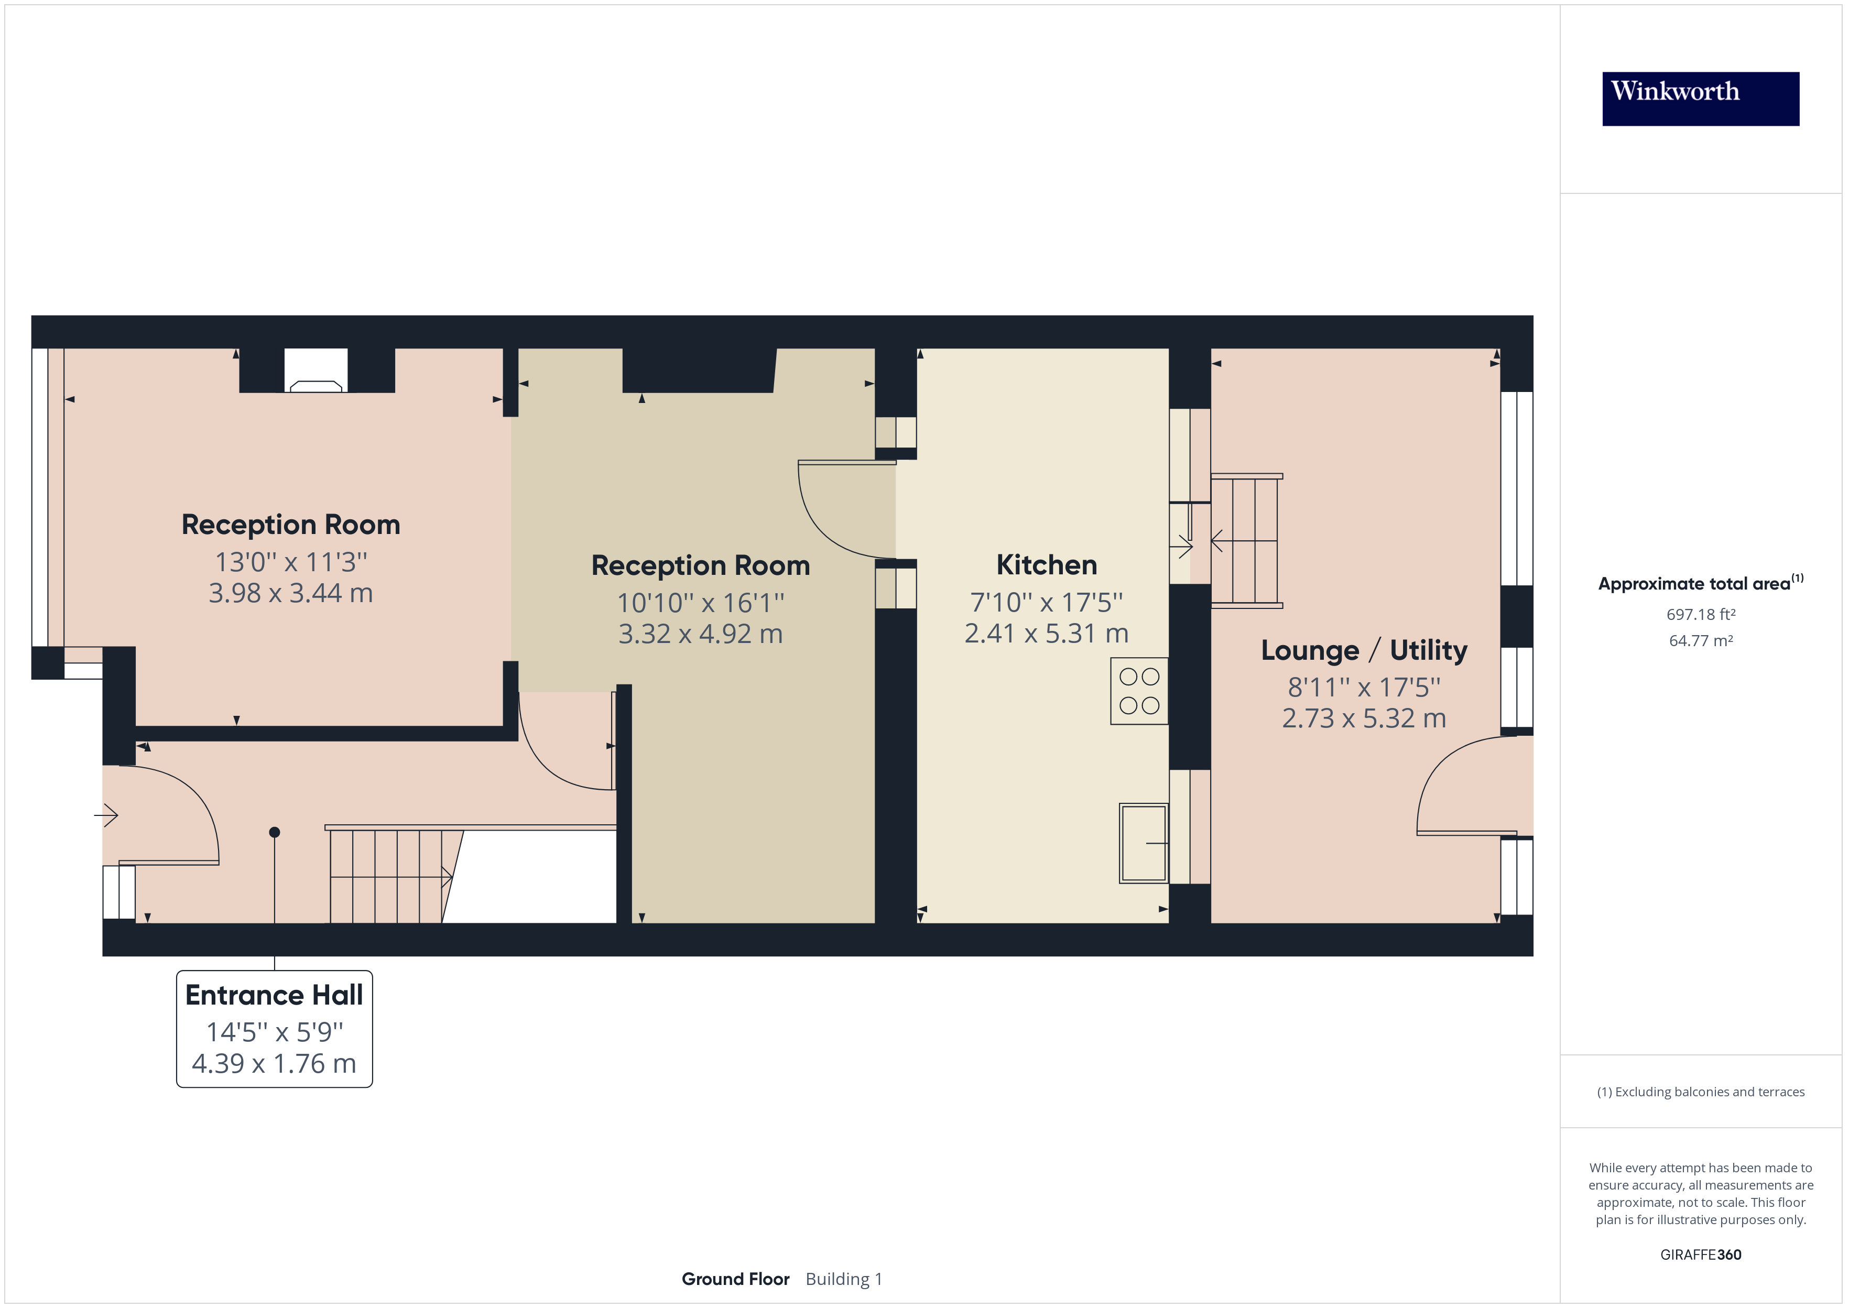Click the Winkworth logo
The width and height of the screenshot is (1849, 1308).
tap(1700, 99)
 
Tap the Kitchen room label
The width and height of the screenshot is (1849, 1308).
tap(1046, 564)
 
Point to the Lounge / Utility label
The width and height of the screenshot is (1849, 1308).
tap(1363, 650)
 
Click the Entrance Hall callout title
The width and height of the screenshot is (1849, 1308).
tap(274, 995)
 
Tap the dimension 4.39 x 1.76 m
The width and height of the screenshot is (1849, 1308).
tap(274, 1064)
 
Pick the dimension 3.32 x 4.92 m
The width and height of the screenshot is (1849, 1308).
tap(700, 634)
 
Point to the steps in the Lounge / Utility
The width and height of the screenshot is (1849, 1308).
tap(1245, 540)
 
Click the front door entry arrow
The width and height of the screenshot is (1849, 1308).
tap(106, 815)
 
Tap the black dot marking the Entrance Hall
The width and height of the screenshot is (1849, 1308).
tap(275, 832)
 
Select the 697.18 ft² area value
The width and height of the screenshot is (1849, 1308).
tap(1700, 615)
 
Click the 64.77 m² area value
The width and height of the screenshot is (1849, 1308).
tap(1700, 641)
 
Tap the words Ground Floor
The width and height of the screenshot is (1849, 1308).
tap(735, 1279)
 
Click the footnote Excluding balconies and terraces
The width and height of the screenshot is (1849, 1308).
tap(1700, 1092)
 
